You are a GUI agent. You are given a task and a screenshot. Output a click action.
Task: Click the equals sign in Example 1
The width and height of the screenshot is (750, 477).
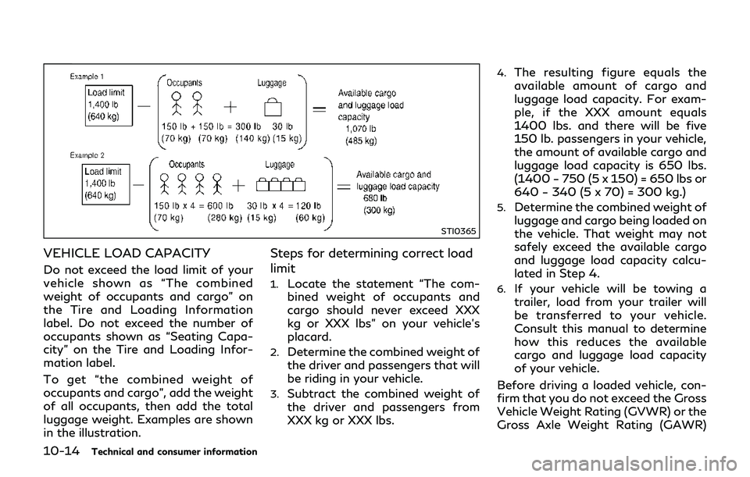click(320, 109)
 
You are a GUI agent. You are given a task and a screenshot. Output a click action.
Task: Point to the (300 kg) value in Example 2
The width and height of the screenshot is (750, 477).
click(380, 211)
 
